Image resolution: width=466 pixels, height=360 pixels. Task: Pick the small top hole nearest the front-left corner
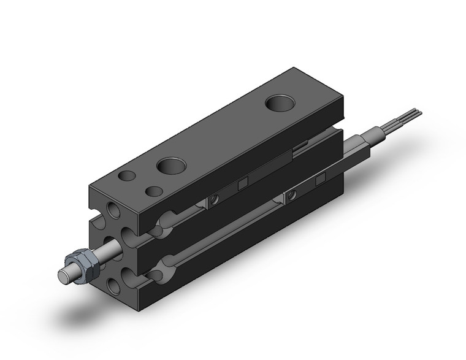[x=127, y=177]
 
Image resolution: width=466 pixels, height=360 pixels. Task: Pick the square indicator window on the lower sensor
[x=319, y=179]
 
